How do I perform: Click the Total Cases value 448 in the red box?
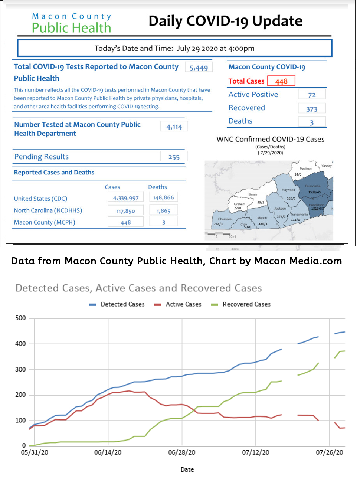click(281, 81)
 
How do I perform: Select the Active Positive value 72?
click(312, 95)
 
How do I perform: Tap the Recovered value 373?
click(312, 109)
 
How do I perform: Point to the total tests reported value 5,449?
click(199, 68)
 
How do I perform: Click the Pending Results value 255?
click(174, 157)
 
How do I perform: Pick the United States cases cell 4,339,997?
click(126, 198)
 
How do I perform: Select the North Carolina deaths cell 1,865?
click(163, 211)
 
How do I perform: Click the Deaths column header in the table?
click(157, 187)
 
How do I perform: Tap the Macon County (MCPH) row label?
click(45, 222)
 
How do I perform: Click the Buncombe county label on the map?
click(312, 186)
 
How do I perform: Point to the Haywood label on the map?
click(288, 190)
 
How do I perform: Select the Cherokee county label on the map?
click(225, 219)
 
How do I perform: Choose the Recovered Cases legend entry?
click(246, 304)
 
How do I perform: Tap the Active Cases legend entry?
click(183, 304)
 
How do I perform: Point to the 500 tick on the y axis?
click(20, 318)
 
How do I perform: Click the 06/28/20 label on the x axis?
click(181, 452)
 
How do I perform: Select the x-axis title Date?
click(187, 469)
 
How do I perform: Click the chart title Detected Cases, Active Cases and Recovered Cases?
click(138, 288)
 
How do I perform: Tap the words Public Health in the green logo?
click(71, 28)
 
